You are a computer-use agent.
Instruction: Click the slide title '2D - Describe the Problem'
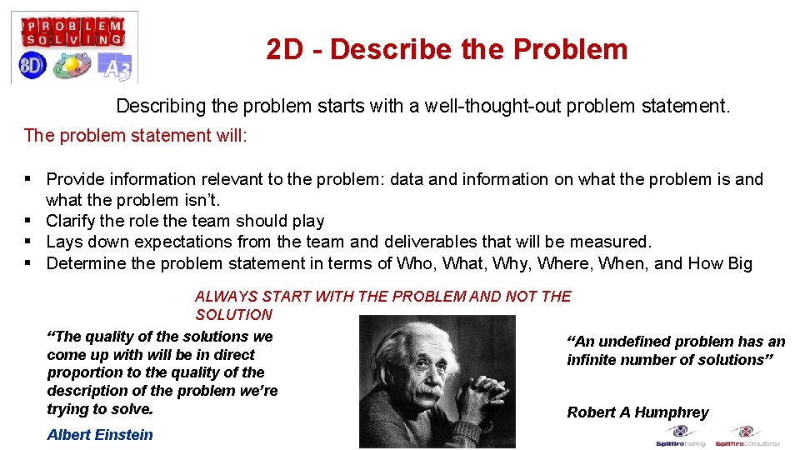click(447, 50)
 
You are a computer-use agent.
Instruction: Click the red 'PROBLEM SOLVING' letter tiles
click(73, 32)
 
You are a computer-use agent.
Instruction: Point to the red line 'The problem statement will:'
click(136, 135)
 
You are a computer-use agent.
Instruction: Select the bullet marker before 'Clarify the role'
click(29, 221)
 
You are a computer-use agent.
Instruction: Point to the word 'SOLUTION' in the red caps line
click(233, 315)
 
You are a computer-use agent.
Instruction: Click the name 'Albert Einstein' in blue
click(100, 434)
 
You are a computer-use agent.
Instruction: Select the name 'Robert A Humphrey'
click(637, 412)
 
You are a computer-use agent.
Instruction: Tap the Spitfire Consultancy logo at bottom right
click(747, 437)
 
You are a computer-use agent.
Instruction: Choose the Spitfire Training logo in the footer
click(681, 437)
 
